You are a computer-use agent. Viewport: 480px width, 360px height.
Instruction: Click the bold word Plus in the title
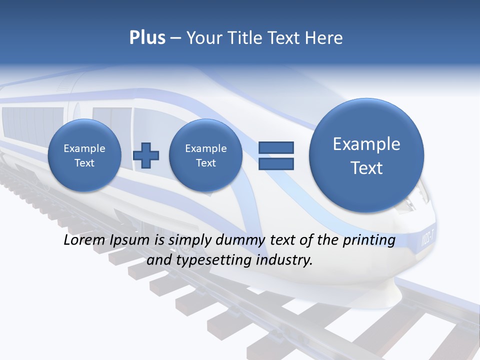(x=147, y=38)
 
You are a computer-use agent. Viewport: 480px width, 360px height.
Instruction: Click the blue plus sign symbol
(x=146, y=155)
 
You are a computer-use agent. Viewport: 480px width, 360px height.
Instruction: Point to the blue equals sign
(x=276, y=155)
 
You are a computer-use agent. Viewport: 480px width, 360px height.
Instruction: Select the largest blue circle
(x=366, y=155)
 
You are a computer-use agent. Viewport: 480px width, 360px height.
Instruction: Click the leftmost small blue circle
(x=84, y=155)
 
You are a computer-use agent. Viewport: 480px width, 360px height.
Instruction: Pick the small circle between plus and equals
(x=205, y=155)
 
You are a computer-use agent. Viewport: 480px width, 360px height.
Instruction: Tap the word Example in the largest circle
(x=366, y=144)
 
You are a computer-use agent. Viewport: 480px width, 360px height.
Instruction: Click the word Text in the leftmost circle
(x=84, y=162)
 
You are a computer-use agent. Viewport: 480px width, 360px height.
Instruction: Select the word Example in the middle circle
(x=205, y=148)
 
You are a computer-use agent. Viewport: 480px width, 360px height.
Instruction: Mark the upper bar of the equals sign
(x=276, y=147)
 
